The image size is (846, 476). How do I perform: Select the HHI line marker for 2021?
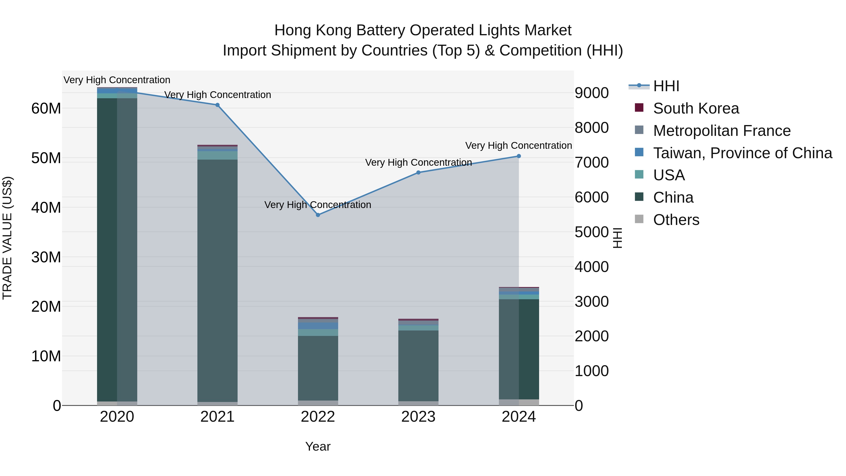(x=217, y=105)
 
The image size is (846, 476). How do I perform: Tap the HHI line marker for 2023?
(x=418, y=173)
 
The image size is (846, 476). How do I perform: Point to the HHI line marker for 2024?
(x=519, y=156)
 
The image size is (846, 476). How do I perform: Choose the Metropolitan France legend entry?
(x=721, y=131)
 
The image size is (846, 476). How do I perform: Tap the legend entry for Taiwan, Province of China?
(x=742, y=153)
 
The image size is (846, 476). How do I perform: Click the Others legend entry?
(x=676, y=220)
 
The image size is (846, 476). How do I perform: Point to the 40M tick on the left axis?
(x=46, y=208)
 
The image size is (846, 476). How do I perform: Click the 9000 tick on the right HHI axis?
(x=591, y=93)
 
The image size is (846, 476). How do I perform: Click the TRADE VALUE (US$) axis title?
(x=7, y=238)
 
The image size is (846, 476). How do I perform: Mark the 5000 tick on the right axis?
(x=591, y=232)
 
